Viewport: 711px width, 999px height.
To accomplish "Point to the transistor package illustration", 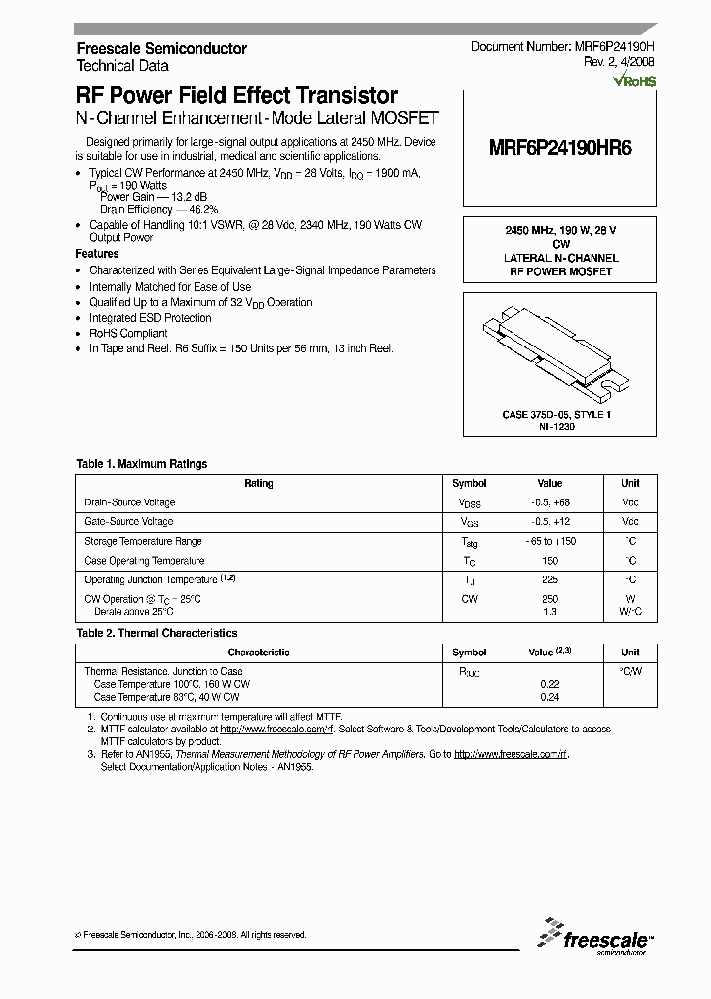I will coord(560,349).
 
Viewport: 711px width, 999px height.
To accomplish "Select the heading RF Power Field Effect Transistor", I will coord(237,96).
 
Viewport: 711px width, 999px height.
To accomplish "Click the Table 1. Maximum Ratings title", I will coord(142,463).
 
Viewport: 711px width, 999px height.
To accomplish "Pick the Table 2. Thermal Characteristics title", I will coord(157,633).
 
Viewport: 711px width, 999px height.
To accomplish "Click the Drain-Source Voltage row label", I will coord(129,502).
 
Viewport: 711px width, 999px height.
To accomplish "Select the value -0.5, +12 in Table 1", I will coord(550,521).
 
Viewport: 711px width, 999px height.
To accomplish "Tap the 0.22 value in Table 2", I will coord(550,683).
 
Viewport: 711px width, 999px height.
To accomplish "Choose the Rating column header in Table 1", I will coord(259,484).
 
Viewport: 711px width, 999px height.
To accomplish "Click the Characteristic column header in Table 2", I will coord(259,653).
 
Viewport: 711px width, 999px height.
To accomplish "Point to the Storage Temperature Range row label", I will coord(143,541).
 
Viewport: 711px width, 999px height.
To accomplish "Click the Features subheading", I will coord(97,254).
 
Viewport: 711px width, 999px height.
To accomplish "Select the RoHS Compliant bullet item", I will coord(128,334).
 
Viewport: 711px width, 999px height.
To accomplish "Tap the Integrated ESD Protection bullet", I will coord(150,318).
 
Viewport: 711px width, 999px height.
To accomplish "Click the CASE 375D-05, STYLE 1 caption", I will coord(557,415).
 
